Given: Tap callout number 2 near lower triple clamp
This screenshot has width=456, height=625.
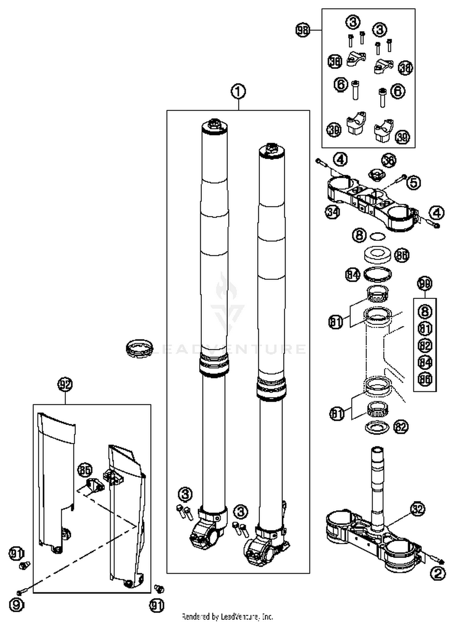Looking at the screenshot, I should point(438,573).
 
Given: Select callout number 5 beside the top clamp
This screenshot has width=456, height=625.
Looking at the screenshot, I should point(413,182).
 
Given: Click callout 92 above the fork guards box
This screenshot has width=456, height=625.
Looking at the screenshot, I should point(65,384).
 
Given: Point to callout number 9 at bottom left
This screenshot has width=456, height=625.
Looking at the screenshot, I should point(16,605).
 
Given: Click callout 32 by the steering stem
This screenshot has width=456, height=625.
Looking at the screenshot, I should point(417,509).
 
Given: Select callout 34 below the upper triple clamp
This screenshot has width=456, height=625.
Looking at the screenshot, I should point(332,212).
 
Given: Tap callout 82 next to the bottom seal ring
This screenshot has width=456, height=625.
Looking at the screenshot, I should point(401,427).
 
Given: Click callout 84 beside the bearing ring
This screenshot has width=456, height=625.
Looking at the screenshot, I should point(353,275).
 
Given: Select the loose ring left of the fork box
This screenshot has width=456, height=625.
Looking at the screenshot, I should point(139,349).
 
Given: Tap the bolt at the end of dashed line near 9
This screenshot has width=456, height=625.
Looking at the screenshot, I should point(21,592).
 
